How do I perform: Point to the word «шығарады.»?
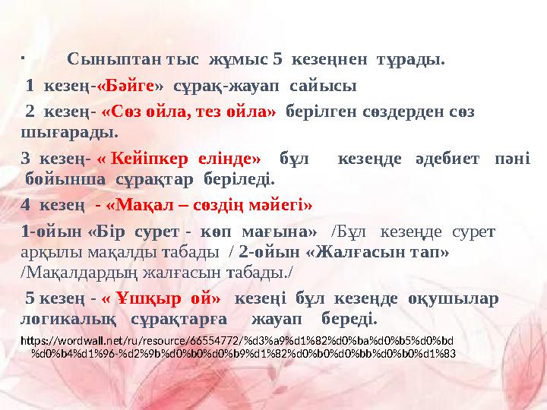[69, 133]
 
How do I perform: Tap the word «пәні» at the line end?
[512, 159]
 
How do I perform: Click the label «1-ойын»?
[52, 231]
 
